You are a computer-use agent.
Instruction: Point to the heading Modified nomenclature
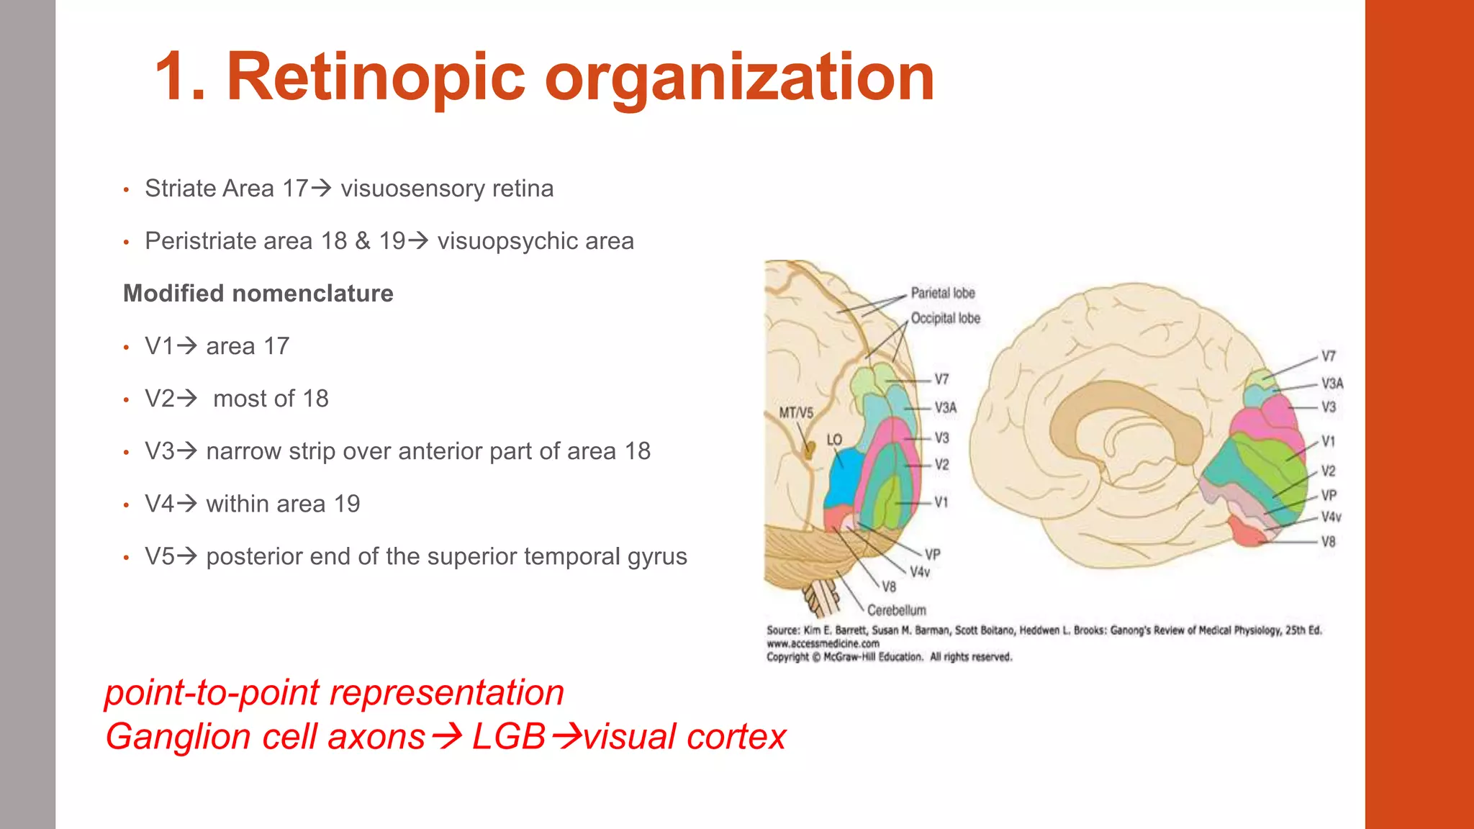(x=258, y=294)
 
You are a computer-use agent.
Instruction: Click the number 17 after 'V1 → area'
(x=276, y=346)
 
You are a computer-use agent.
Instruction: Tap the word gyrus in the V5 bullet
(x=657, y=556)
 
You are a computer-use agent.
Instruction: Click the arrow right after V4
(x=187, y=503)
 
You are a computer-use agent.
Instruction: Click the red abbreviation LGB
(x=508, y=737)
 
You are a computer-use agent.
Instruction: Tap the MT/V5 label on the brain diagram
(x=796, y=413)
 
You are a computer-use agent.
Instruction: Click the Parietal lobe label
(x=943, y=293)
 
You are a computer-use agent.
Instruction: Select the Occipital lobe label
(x=946, y=318)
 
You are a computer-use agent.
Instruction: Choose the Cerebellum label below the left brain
(x=896, y=610)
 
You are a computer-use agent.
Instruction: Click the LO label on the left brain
(x=834, y=440)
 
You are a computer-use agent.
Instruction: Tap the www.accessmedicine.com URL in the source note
(x=823, y=644)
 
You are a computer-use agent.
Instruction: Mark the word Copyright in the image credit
(x=787, y=657)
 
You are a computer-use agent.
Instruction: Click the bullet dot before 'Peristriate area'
(x=126, y=243)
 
